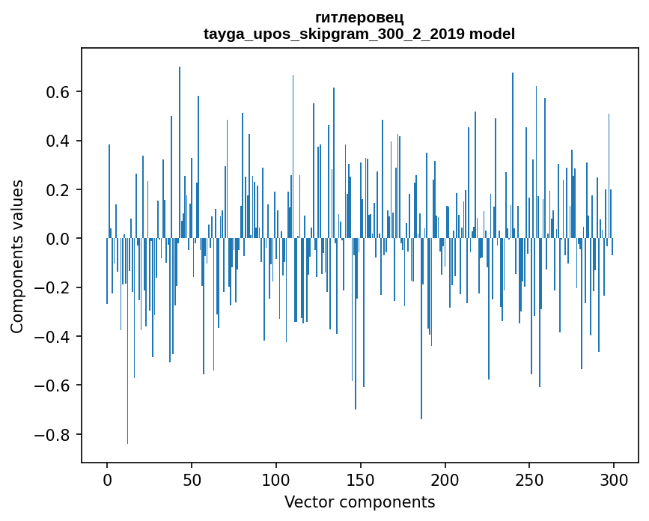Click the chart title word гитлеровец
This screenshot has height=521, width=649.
pyautogui.click(x=359, y=17)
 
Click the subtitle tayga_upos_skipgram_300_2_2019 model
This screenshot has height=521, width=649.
pyautogui.click(x=359, y=34)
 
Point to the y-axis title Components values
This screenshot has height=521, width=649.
pyautogui.click(x=17, y=256)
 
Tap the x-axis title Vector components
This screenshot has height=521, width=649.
pyautogui.click(x=359, y=502)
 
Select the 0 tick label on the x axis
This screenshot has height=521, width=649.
pyautogui.click(x=107, y=479)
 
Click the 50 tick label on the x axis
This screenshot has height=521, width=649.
pyautogui.click(x=192, y=479)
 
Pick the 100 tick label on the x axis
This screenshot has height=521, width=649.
pyautogui.click(x=276, y=479)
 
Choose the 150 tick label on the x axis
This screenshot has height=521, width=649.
pyautogui.click(x=361, y=479)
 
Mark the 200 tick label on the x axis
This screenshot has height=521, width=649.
pyautogui.click(x=445, y=479)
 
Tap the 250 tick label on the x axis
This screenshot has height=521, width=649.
pyautogui.click(x=530, y=479)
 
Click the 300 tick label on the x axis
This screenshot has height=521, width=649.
pyautogui.click(x=615, y=479)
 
